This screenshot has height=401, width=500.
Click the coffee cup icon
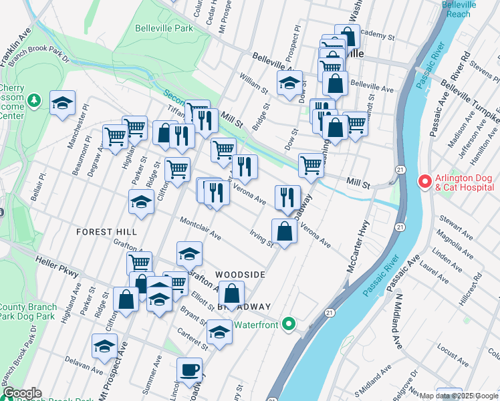pos(189,369)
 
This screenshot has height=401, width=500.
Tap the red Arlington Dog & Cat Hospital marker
pos(424,181)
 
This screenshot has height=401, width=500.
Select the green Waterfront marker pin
pos(288,324)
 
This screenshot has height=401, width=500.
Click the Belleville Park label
pos(164,28)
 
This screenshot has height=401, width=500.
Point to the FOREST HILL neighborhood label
pos(106,231)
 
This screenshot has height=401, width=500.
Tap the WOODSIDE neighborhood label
pos(240,275)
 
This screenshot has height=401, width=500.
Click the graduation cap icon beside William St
pos(289,83)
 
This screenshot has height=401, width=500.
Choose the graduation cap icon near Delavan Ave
pos(104,346)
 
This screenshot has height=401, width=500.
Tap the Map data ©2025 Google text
pos(459,396)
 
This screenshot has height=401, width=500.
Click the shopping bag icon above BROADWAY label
pos(231,293)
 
